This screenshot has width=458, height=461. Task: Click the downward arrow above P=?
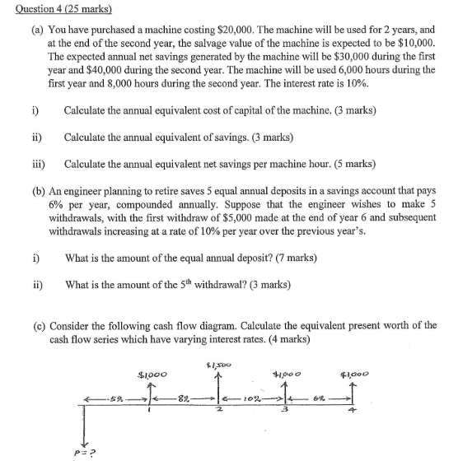(83, 421)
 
